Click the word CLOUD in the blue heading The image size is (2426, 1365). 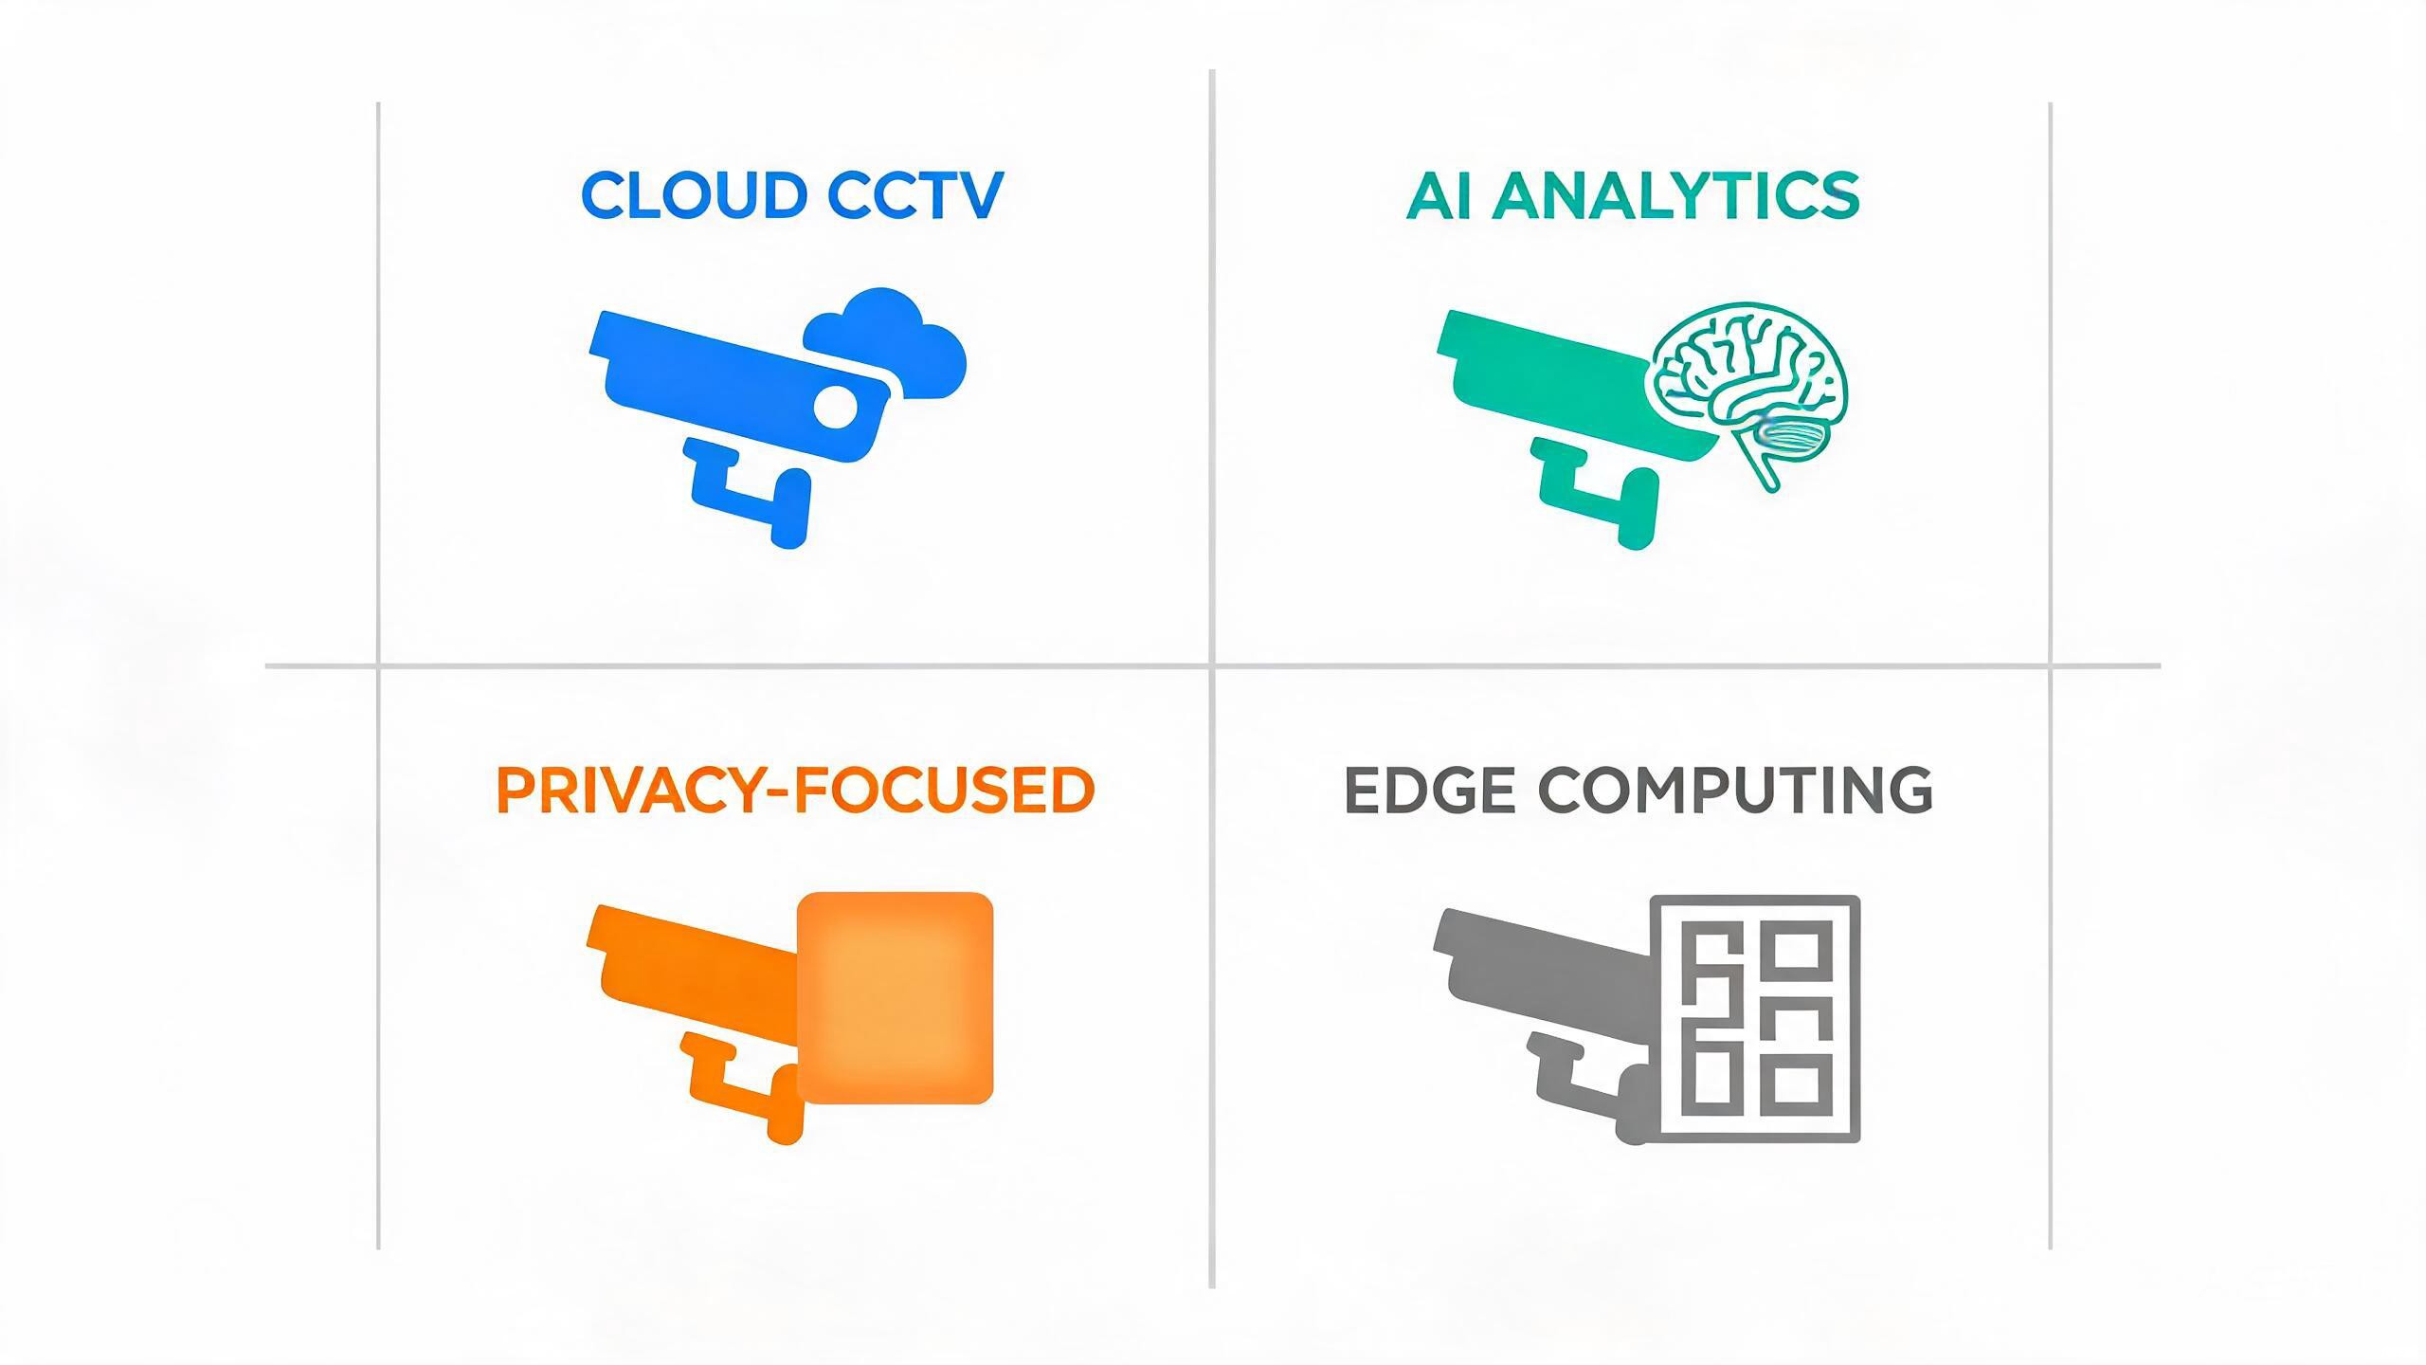tap(693, 195)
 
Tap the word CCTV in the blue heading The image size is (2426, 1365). tap(914, 195)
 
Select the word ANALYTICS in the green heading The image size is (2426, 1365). tap(1675, 195)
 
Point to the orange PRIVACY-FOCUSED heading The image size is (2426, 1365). tap(795, 790)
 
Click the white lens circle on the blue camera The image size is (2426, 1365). tap(835, 408)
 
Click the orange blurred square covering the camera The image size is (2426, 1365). tap(896, 998)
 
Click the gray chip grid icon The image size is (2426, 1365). tap(1756, 1018)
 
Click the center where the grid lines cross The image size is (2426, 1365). tap(1212, 665)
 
